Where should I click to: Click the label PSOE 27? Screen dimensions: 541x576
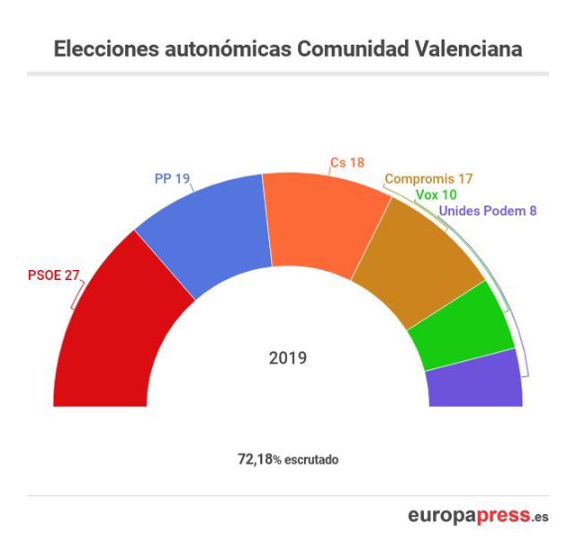(53, 276)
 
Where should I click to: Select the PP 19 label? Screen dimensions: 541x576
(172, 179)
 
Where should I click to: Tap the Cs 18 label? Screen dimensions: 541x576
(347, 162)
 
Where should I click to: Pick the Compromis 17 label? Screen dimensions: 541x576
(428, 179)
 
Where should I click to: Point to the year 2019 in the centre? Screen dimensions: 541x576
(288, 358)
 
